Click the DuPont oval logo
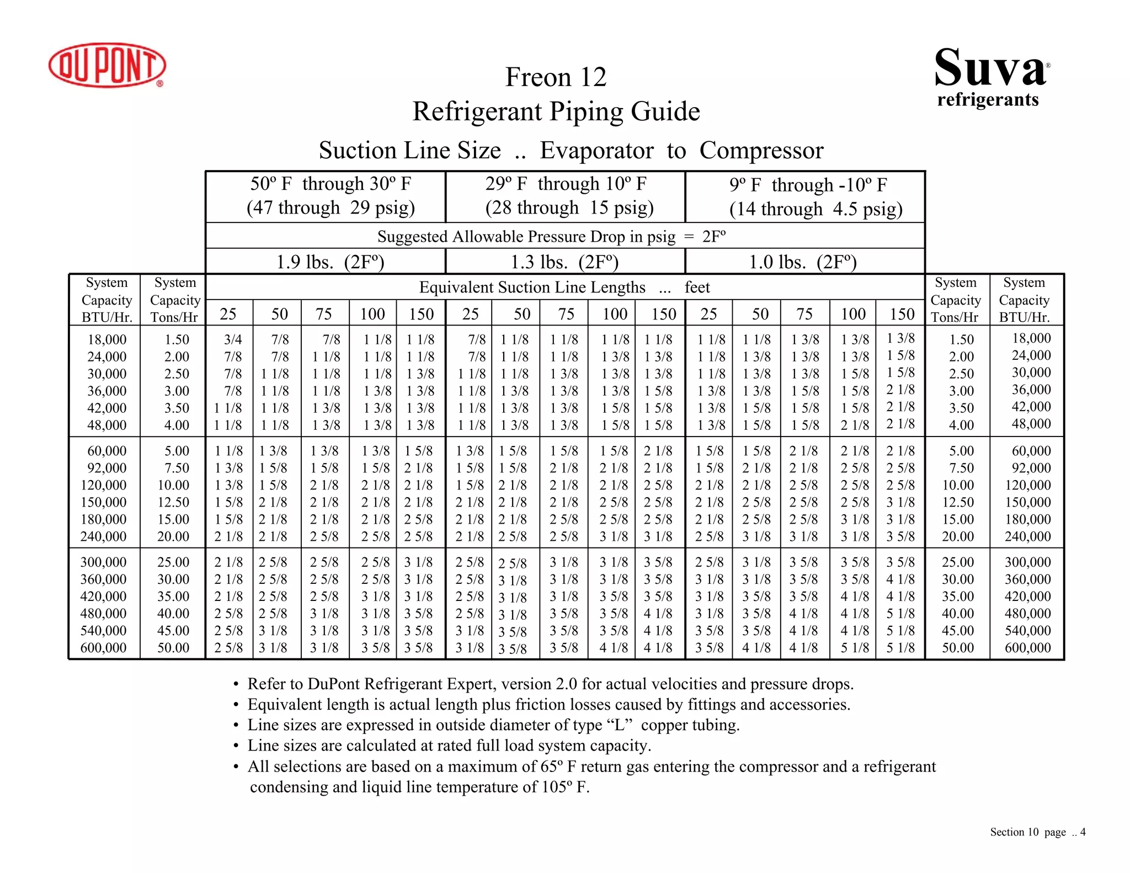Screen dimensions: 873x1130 (107, 65)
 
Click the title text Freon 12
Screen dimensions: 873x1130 (556, 77)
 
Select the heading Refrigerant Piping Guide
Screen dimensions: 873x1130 (556, 111)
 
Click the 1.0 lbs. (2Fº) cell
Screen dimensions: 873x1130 (803, 262)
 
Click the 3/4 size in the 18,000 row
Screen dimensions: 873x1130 (233, 339)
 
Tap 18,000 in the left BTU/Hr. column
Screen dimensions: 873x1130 (106, 339)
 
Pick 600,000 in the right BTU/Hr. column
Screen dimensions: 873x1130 (1027, 648)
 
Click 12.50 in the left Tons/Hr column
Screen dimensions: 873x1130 (173, 502)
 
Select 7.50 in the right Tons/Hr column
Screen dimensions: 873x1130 (961, 468)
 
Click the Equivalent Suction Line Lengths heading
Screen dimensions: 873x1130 (564, 288)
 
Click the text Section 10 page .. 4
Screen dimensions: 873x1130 (1037, 832)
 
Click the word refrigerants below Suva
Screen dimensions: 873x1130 (988, 100)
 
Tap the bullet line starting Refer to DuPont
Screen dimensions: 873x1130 (550, 684)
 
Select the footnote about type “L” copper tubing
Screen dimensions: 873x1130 (493, 725)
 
